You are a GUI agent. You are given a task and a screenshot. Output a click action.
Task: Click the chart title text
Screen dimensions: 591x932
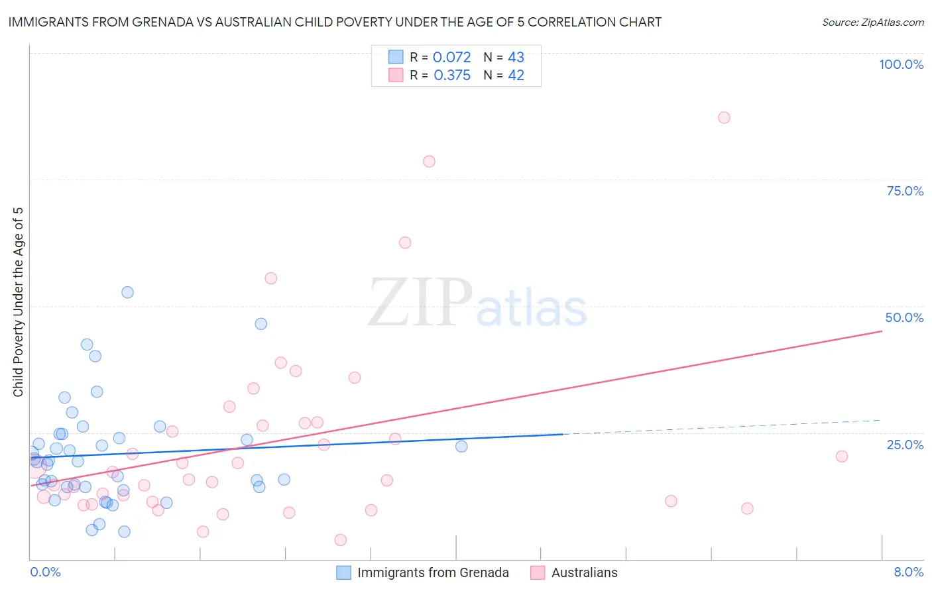tap(335, 22)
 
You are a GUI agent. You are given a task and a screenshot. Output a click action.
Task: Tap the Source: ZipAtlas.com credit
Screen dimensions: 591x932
tap(872, 22)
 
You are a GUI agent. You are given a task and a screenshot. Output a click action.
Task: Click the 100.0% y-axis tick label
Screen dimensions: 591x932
tap(901, 64)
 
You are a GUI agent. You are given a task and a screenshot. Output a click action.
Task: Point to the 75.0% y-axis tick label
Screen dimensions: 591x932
tap(905, 191)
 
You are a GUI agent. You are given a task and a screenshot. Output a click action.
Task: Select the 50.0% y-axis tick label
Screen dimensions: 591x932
tap(904, 317)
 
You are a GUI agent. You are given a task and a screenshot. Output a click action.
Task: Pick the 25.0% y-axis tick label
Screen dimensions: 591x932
tap(905, 445)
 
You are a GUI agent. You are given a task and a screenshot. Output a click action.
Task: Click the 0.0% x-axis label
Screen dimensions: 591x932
tap(45, 572)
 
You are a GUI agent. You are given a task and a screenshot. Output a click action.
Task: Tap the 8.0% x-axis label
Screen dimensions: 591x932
tap(908, 572)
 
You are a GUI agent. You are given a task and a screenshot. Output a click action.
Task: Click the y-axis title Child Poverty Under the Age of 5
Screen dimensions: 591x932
tap(18, 301)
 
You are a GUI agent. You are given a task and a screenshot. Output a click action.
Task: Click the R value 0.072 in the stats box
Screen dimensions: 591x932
tap(451, 57)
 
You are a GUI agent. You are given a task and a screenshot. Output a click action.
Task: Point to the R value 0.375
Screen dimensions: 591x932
tap(452, 75)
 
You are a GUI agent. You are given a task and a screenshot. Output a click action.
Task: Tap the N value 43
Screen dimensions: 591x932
tap(516, 57)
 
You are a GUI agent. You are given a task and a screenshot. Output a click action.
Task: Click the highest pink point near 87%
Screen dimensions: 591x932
tap(724, 117)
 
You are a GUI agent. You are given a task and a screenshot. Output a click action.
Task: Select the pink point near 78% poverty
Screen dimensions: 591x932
tap(429, 162)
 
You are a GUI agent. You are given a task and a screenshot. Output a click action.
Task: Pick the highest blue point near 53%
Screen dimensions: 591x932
tap(127, 292)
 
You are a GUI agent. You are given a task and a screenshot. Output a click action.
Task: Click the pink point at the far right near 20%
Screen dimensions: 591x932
tap(842, 456)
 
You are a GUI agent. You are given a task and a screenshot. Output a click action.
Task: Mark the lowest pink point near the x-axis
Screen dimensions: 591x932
tap(341, 540)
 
